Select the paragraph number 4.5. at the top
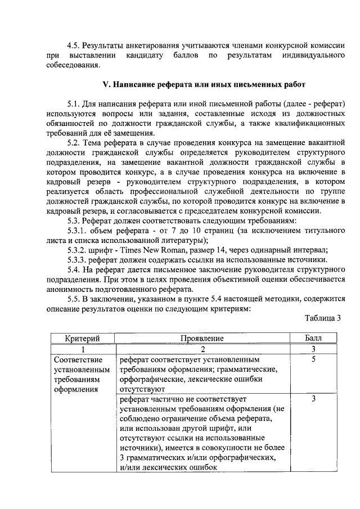click(x=74, y=46)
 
